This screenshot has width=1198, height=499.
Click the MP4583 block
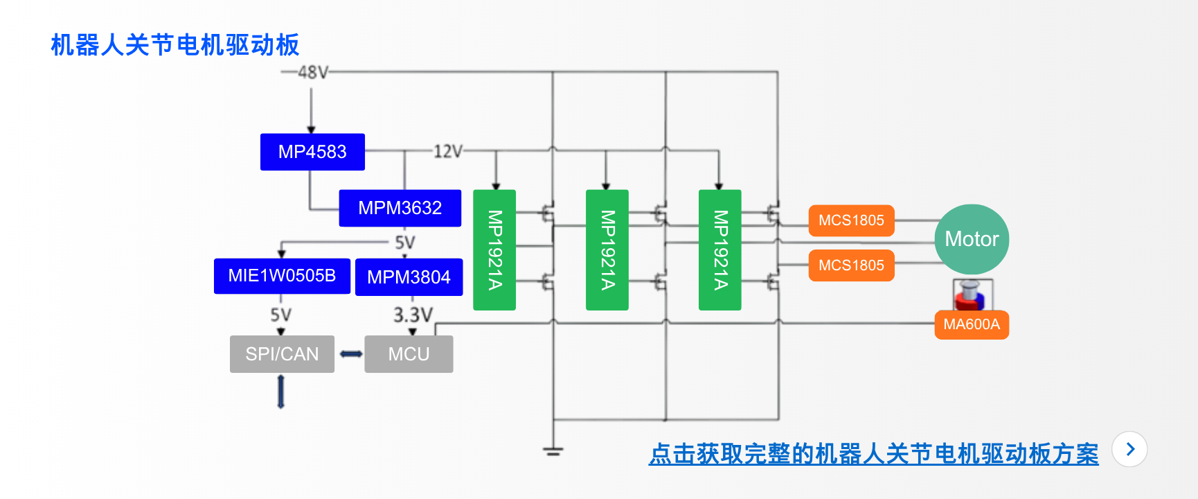point(312,152)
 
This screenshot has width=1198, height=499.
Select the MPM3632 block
point(400,208)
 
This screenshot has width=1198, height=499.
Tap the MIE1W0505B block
point(282,276)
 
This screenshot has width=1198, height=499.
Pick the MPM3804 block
point(409,277)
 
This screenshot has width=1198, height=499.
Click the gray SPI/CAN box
point(282,354)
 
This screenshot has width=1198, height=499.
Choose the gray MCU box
point(409,354)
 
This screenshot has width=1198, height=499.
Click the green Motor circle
point(972,239)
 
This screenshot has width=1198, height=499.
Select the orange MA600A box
point(972,324)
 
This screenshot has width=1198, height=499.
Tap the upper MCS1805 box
point(851,220)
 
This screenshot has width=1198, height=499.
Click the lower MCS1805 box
point(851,265)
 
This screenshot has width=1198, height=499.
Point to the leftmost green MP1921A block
point(494,249)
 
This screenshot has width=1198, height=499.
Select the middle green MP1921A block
point(607,249)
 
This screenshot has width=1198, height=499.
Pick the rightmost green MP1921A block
point(720,249)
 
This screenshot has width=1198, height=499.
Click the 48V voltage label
point(313,72)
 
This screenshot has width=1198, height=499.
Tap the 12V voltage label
point(447,151)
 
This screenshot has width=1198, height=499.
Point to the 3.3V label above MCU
point(413,315)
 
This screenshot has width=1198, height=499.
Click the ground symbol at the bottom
point(553,451)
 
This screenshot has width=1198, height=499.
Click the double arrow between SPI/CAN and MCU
point(350,354)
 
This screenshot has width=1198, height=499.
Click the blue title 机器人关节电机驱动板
point(175,45)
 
